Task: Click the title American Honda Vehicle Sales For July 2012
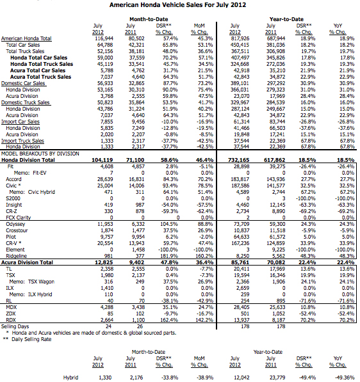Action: coord(179,4)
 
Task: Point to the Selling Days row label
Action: coord(16,326)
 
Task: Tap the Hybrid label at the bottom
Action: coord(71,378)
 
